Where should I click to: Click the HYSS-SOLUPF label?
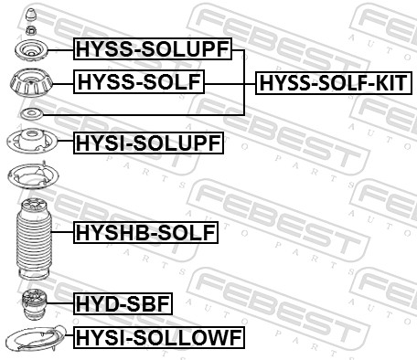pos(153,49)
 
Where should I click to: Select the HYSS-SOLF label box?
pos(140,84)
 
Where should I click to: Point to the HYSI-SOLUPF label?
pos(148,142)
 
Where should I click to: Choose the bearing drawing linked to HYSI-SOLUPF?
pos(30,142)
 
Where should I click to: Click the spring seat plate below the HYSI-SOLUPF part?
pos(30,175)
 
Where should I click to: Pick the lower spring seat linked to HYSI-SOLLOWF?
pos(32,340)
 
